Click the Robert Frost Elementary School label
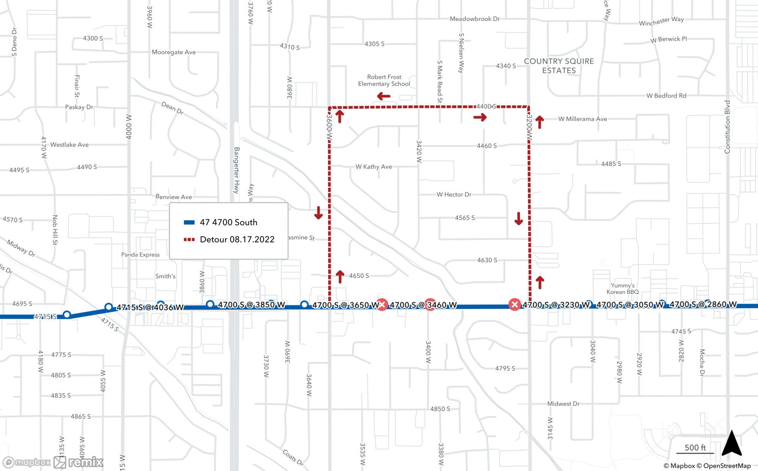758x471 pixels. (384, 80)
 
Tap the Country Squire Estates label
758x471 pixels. (559, 66)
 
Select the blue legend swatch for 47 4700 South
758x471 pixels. (189, 222)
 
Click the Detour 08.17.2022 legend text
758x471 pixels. (237, 239)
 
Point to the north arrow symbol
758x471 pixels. (731, 443)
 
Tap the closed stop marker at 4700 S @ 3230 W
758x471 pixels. (514, 305)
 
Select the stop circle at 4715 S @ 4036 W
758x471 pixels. (109, 307)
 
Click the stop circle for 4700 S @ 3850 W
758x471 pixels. (210, 304)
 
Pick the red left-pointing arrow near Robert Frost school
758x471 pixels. (384, 96)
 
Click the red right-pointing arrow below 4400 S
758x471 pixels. (480, 117)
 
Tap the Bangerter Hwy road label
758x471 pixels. (236, 171)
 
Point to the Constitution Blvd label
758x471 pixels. (727, 127)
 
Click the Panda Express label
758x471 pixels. (140, 255)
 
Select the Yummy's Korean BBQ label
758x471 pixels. (622, 288)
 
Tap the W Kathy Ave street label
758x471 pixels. (374, 167)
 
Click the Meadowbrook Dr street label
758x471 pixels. (475, 19)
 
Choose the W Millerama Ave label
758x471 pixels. (583, 119)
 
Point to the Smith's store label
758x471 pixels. (165, 276)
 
